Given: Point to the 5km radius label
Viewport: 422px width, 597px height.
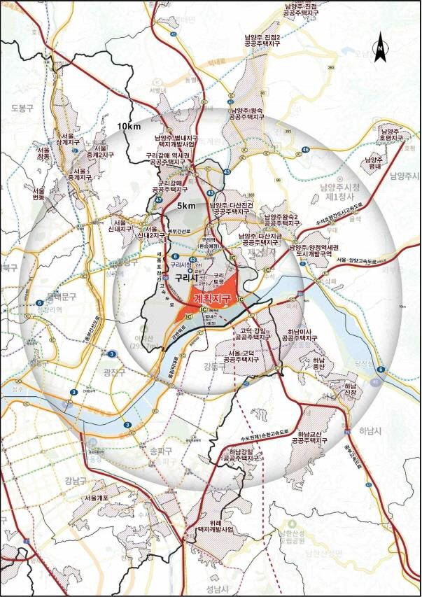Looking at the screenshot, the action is [x=185, y=206].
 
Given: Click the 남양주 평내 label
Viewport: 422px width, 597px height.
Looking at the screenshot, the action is [x=374, y=162].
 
